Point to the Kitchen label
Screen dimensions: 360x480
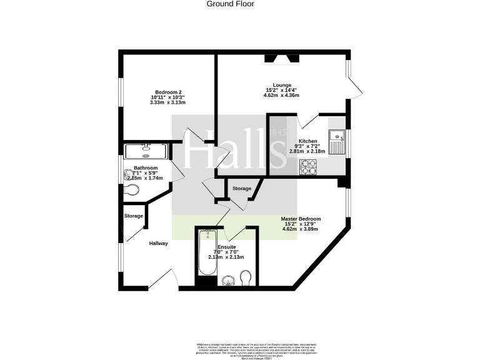[x=307, y=141]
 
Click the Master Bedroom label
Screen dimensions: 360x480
[x=302, y=219]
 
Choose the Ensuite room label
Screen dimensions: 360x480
[x=226, y=247]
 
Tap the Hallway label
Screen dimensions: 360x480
[x=158, y=243]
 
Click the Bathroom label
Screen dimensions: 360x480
[x=145, y=168]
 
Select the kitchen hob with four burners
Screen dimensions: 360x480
[x=308, y=166]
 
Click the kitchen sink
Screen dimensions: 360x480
[x=337, y=141]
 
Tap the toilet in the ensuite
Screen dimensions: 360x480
[x=246, y=277]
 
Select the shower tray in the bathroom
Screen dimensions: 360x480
[x=146, y=151]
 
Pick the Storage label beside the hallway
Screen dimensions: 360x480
[x=133, y=216]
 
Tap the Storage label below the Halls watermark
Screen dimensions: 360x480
[x=242, y=188]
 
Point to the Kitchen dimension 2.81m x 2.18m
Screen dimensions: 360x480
[x=307, y=151]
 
